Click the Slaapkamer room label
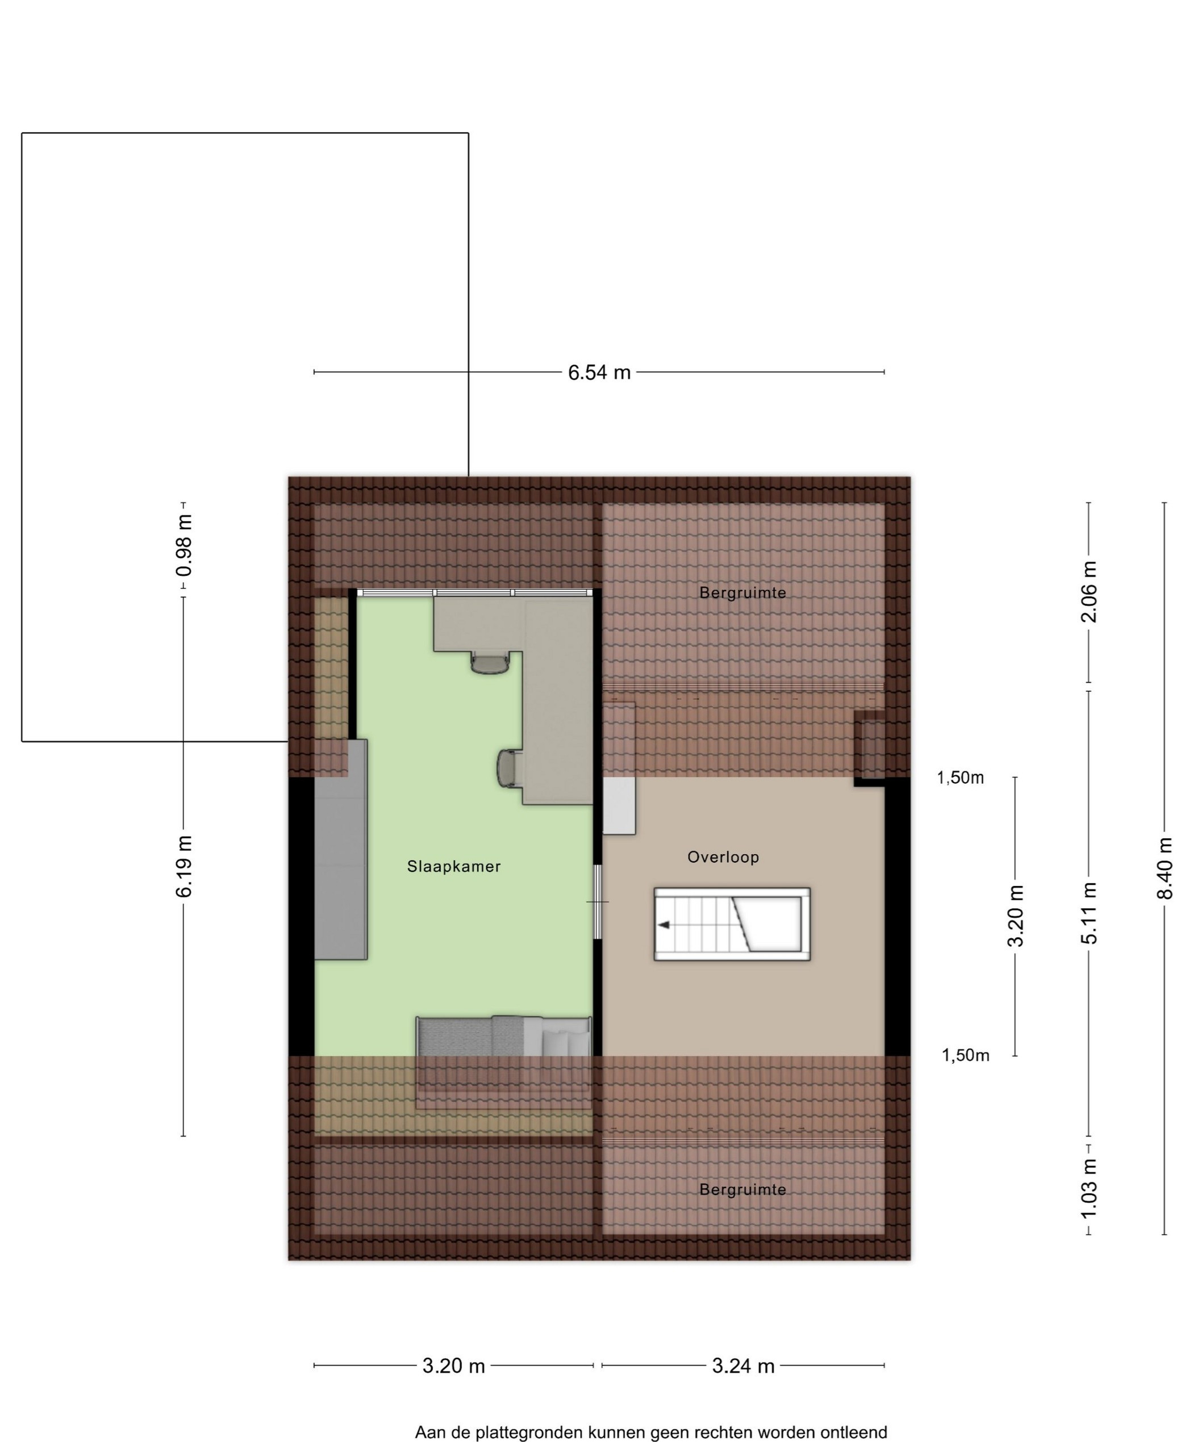453,867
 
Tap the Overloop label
723,857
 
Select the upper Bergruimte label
743,592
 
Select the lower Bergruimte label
743,1189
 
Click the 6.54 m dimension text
599,372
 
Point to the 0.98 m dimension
184,546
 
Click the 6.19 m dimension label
184,867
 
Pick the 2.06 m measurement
1088,592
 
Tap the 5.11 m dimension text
1088,913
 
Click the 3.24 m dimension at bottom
743,1366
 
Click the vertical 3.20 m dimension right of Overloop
1015,916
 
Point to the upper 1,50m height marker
960,778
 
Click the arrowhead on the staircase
664,925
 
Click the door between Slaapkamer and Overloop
598,901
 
